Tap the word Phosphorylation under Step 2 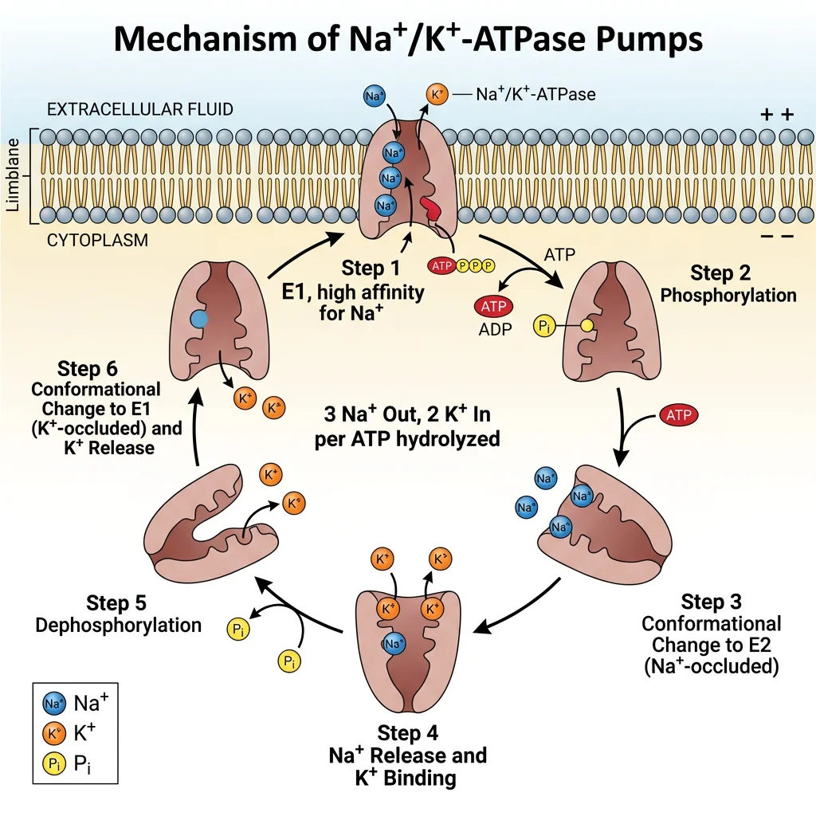728,296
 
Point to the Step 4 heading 407,732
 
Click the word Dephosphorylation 119,625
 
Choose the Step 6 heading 88,369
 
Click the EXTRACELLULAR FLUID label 140,109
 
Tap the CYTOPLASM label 98,239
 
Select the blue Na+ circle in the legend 53,704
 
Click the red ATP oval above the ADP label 494,306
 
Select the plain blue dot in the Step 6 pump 200,318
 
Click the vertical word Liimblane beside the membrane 12,176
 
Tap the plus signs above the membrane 776,115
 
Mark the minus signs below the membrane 776,237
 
